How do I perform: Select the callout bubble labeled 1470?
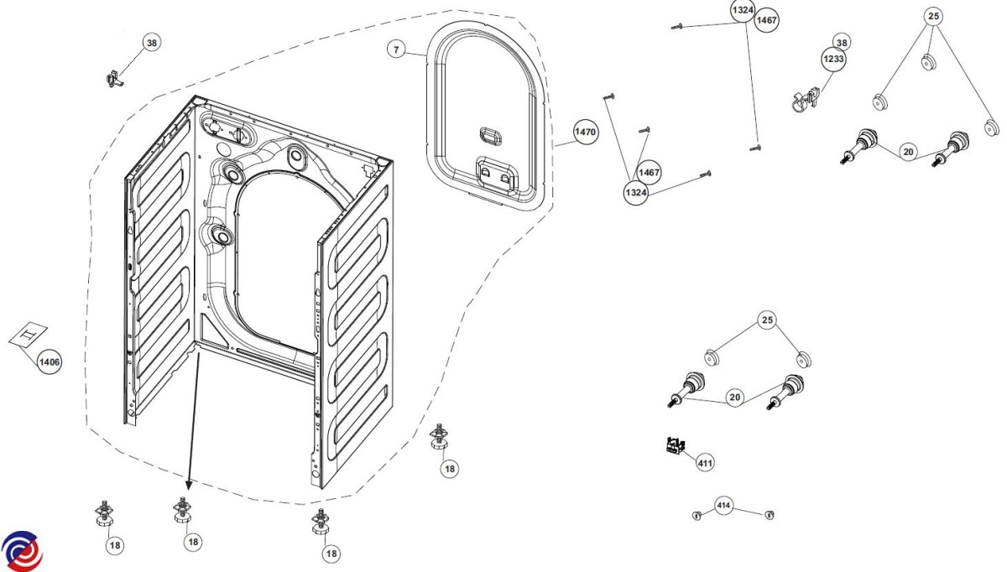585,133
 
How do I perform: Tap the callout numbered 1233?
833,60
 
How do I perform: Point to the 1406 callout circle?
49,361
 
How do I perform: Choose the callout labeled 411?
706,461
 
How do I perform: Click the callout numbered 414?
723,505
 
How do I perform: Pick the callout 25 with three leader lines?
934,16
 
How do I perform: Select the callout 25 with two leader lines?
766,320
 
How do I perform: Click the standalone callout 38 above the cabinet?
151,43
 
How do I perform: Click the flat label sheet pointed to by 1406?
29,334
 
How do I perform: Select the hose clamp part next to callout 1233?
805,100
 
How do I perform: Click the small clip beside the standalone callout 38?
112,79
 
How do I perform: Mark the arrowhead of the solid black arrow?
188,487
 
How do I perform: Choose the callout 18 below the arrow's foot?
193,543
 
